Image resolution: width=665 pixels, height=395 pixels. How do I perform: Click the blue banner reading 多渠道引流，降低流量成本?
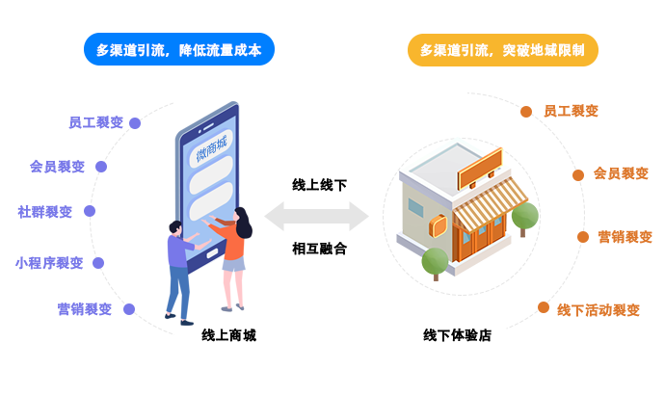179,50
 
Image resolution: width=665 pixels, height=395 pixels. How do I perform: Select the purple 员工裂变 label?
96,122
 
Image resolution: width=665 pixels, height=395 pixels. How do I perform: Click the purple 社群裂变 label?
45,211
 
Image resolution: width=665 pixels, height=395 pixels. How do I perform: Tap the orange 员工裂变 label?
571,111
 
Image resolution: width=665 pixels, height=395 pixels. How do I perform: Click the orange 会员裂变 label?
621,173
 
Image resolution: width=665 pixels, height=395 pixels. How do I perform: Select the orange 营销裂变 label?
625,236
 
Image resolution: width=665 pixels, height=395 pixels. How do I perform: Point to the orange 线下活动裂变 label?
598,310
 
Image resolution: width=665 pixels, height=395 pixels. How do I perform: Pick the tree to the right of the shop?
524,217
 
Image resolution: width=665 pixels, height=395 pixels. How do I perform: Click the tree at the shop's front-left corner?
435,261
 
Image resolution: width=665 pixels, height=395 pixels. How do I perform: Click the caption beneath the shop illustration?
457,335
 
